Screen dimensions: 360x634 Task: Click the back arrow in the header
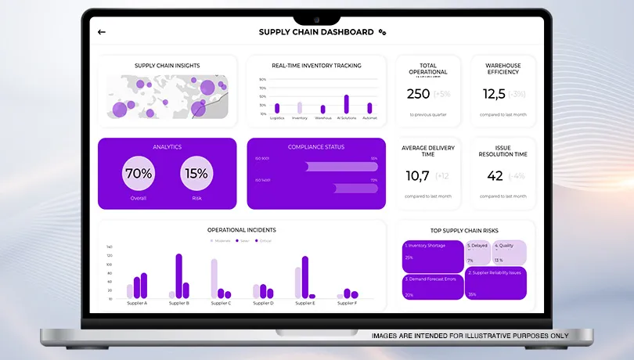pyautogui.click(x=102, y=32)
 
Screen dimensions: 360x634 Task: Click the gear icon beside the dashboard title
pyautogui.click(x=382, y=32)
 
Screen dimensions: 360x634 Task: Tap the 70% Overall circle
pyautogui.click(x=139, y=174)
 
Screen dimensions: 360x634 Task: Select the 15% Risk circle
pyautogui.click(x=196, y=174)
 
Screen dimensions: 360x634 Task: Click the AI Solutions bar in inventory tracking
pyautogui.click(x=346, y=105)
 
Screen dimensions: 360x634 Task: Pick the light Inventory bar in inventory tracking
pyautogui.click(x=299, y=108)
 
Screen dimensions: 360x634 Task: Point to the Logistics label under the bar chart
pyautogui.click(x=277, y=118)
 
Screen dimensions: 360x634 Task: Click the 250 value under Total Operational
pyautogui.click(x=419, y=94)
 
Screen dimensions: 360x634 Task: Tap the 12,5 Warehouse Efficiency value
pyautogui.click(x=494, y=94)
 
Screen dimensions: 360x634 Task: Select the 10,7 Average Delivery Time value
pyautogui.click(x=418, y=176)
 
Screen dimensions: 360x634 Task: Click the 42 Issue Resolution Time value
pyautogui.click(x=495, y=176)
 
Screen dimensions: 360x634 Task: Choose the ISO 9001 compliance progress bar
pyautogui.click(x=341, y=166)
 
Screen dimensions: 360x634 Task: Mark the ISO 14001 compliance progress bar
pyautogui.click(x=355, y=188)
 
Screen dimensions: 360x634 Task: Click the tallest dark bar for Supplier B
pyautogui.click(x=178, y=275)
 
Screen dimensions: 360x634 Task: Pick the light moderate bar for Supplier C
pyautogui.click(x=214, y=279)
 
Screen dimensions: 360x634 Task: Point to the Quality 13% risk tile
pyautogui.click(x=509, y=252)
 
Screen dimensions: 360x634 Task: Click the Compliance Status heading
pyautogui.click(x=316, y=147)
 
